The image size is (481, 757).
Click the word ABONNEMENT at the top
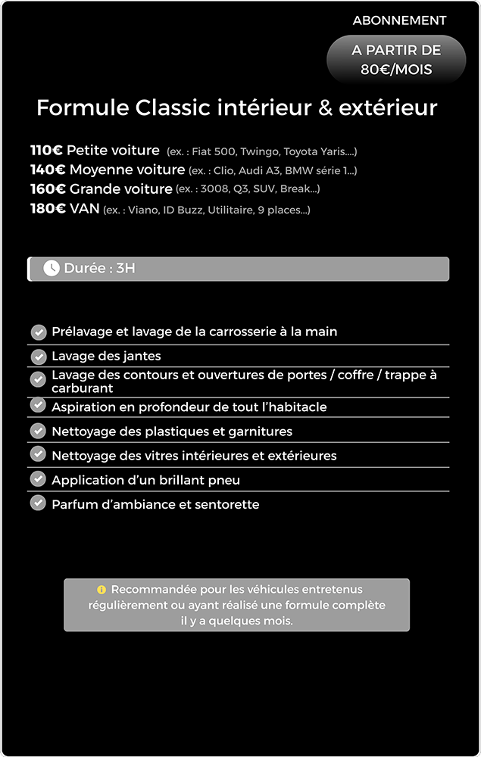[x=399, y=20]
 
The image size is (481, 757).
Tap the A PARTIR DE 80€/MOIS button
[x=396, y=60]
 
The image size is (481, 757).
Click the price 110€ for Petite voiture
[x=46, y=151]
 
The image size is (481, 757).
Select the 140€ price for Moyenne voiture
[x=48, y=170]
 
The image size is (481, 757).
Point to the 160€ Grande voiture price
[x=48, y=188]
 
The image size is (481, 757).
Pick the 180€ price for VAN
[x=48, y=208]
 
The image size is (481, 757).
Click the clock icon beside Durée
[x=52, y=268]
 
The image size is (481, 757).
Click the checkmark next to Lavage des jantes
[x=38, y=357]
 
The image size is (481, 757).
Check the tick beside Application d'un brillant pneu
[x=38, y=479]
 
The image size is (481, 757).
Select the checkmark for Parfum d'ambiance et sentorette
[x=38, y=503]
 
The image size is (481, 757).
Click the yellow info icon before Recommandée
[x=102, y=590]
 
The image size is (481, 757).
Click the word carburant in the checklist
[x=82, y=388]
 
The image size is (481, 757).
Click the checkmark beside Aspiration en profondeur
[x=38, y=405]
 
